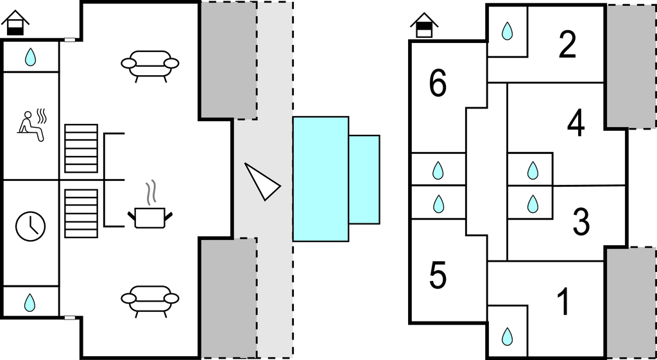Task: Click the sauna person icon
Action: click(32, 124)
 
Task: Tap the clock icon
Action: click(30, 225)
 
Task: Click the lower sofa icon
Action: click(150, 300)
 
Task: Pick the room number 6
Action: click(438, 84)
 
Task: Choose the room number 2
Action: click(567, 45)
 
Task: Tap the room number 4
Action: click(576, 124)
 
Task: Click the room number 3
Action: click(581, 221)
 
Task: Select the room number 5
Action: click(438, 276)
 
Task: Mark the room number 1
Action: click(563, 303)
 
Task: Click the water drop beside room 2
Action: click(507, 31)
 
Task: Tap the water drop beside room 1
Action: click(507, 336)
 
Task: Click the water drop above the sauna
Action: click(30, 58)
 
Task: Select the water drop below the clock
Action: click(30, 302)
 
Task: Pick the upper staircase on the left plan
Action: click(81, 149)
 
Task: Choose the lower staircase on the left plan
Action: click(81, 213)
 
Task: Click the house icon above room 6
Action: click(424, 26)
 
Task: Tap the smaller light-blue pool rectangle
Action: click(364, 179)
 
